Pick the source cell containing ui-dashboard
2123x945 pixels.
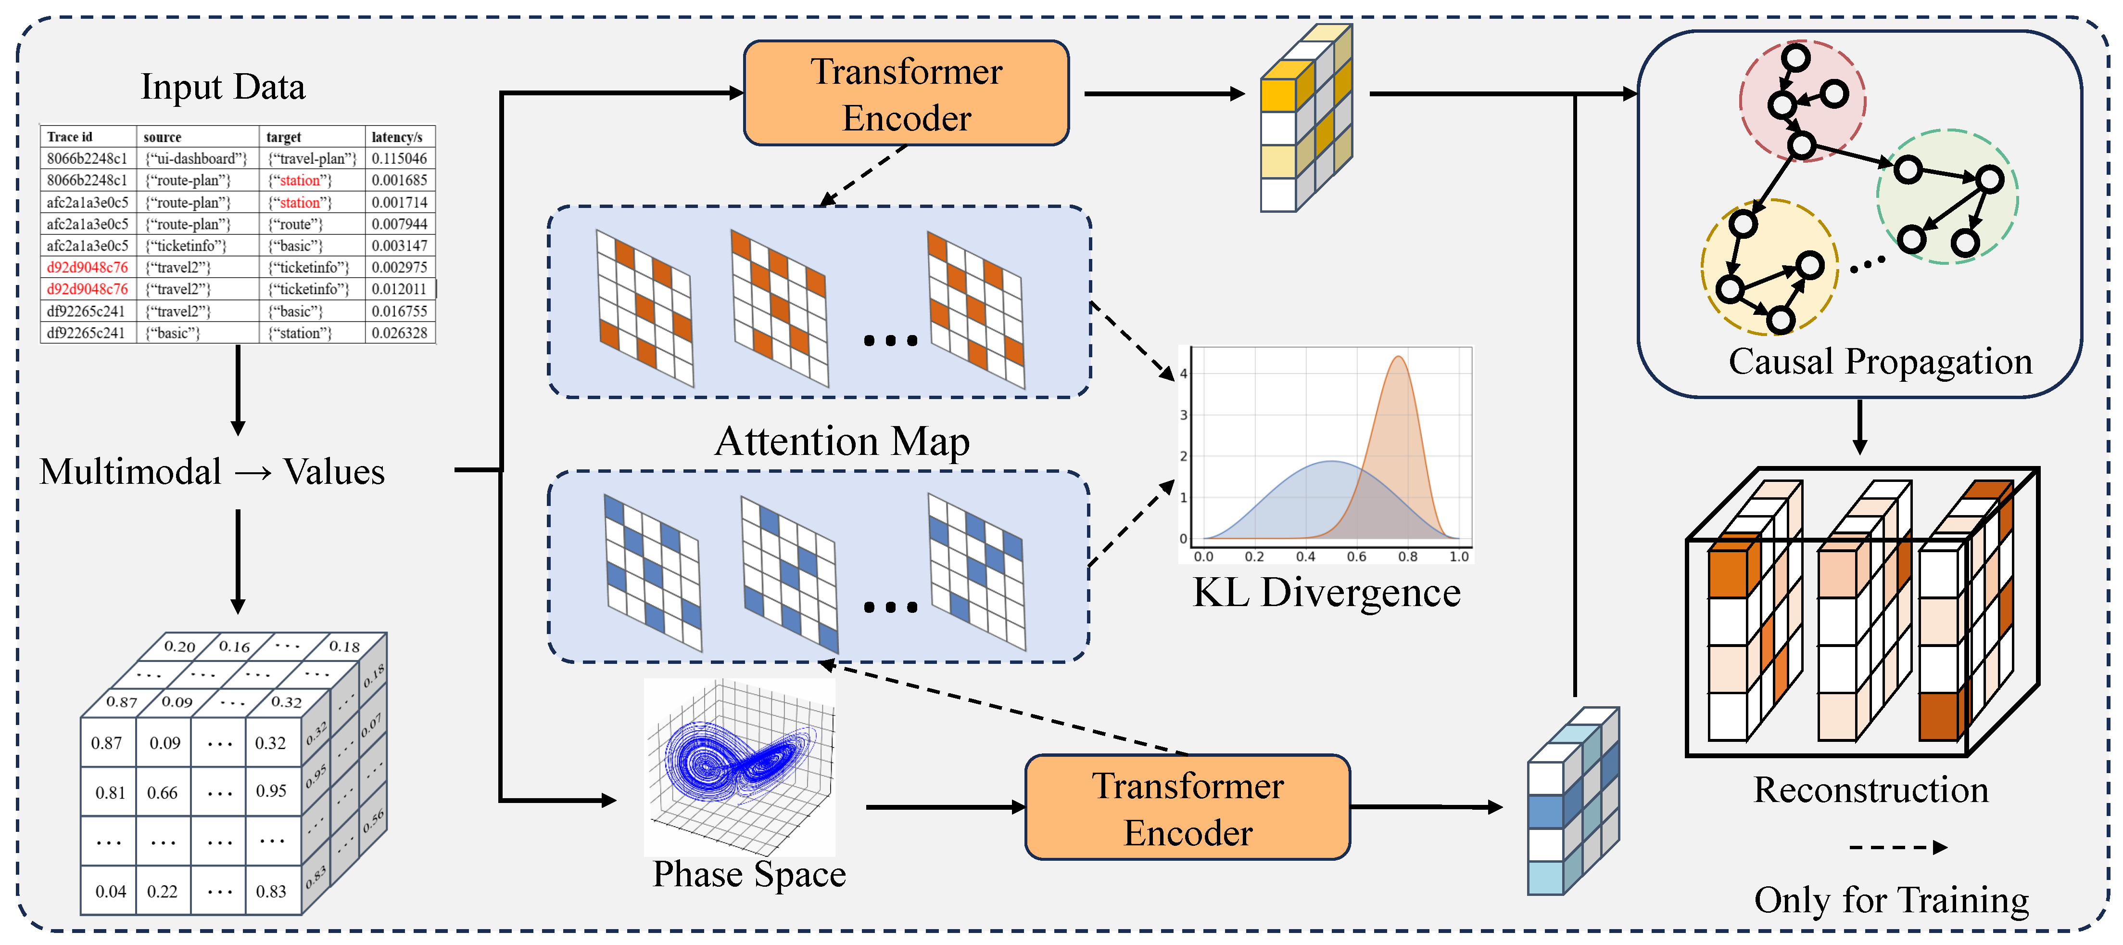click(x=196, y=158)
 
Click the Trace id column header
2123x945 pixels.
click(x=70, y=137)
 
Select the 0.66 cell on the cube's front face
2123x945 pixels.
click(x=163, y=792)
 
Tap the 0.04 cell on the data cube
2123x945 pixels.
click(x=111, y=892)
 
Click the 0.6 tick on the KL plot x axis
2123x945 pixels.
click(x=1356, y=557)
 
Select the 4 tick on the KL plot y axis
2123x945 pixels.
click(x=1184, y=374)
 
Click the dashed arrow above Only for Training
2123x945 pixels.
click(x=1897, y=848)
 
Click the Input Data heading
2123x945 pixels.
click(x=223, y=87)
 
